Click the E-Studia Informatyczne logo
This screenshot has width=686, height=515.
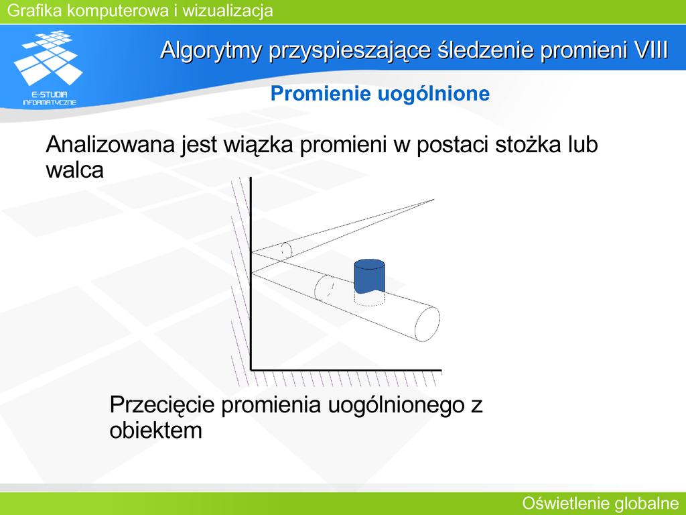49,68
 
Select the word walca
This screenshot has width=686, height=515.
75,170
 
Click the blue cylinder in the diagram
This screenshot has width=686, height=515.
369,276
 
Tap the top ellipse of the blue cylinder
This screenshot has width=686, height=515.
369,264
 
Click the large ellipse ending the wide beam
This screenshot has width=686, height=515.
427,324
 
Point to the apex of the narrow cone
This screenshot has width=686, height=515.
433,200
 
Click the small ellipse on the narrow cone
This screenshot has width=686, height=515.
286,251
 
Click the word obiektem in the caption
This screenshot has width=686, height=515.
155,430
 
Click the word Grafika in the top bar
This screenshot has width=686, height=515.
35,11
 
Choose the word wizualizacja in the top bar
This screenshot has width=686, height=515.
228,11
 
